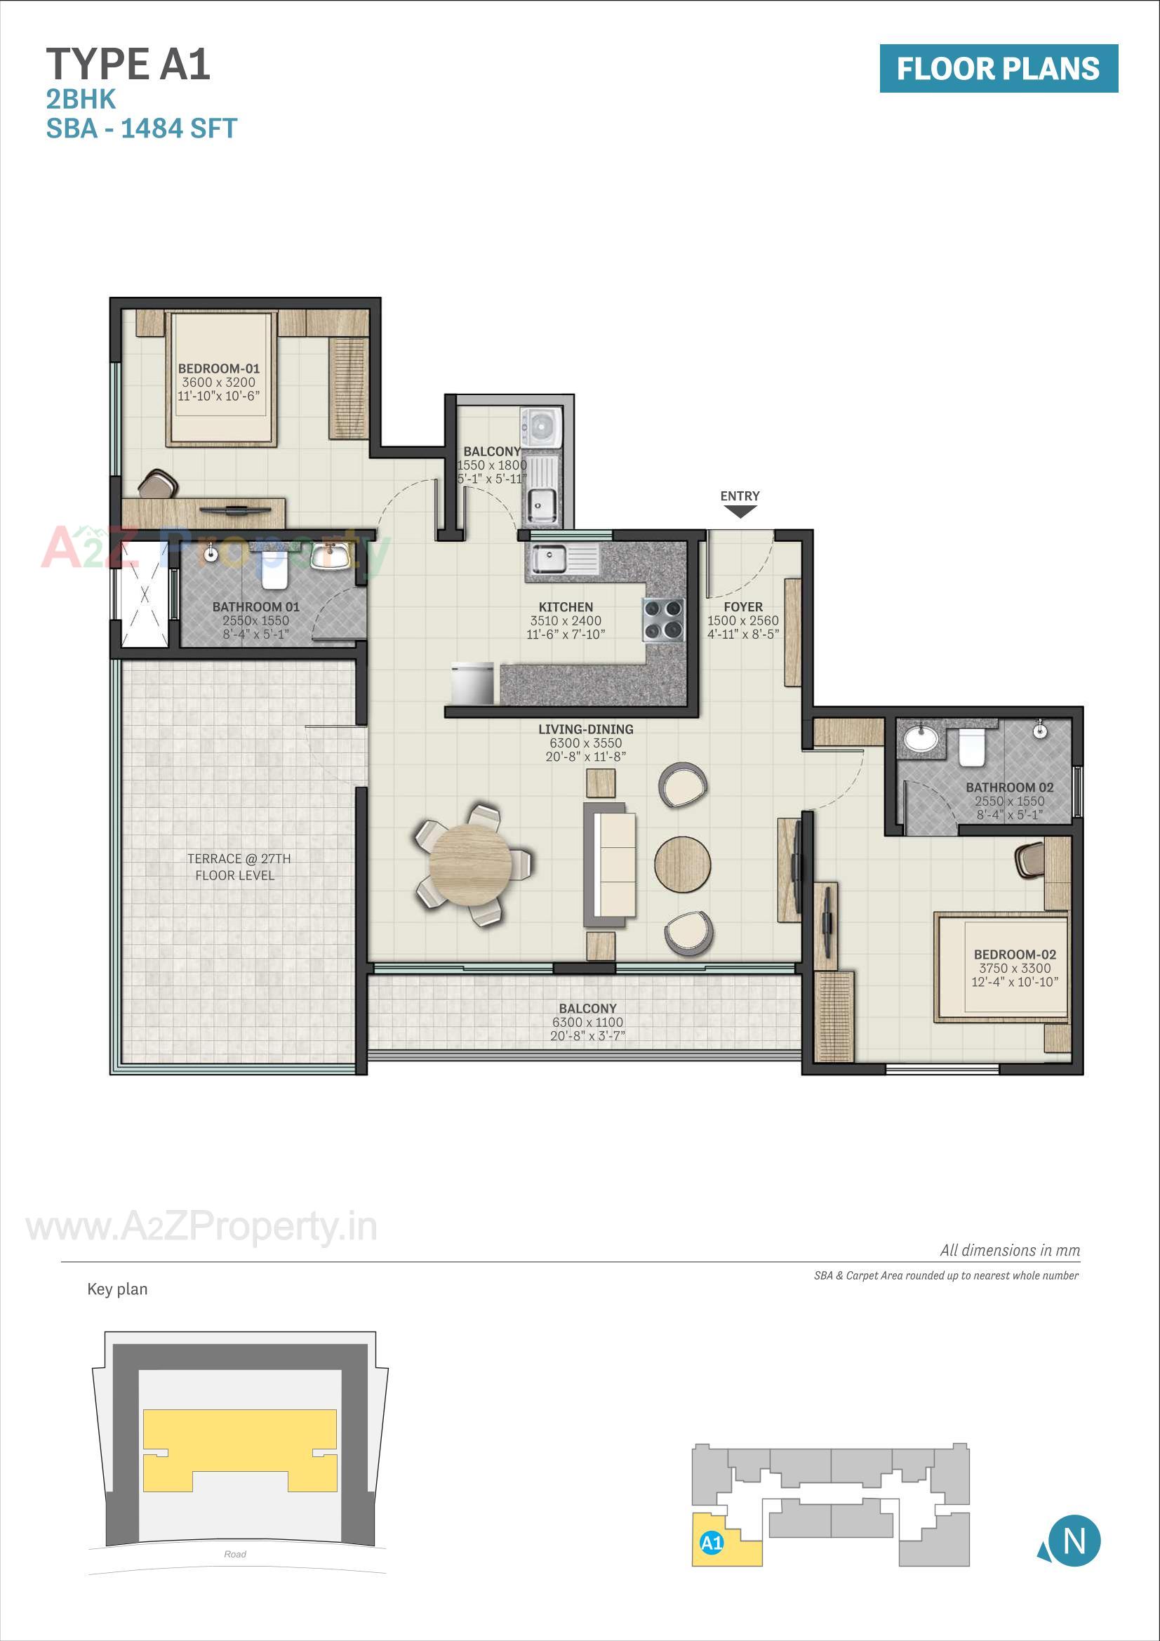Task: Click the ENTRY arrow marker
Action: pos(740,511)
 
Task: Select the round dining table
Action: pos(470,865)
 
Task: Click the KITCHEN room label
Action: pos(566,607)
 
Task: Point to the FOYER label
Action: pos(742,607)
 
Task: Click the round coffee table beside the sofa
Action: pos(683,863)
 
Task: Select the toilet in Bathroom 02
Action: pos(971,746)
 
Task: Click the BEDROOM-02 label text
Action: pos(1014,954)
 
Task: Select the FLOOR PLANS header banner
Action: pos(998,69)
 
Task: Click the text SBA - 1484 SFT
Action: pos(142,128)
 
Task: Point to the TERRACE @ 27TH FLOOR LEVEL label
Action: pos(238,866)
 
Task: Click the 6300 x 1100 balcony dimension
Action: pos(587,1022)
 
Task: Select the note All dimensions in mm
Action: pos(1009,1250)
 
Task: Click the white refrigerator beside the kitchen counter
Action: pos(472,682)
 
